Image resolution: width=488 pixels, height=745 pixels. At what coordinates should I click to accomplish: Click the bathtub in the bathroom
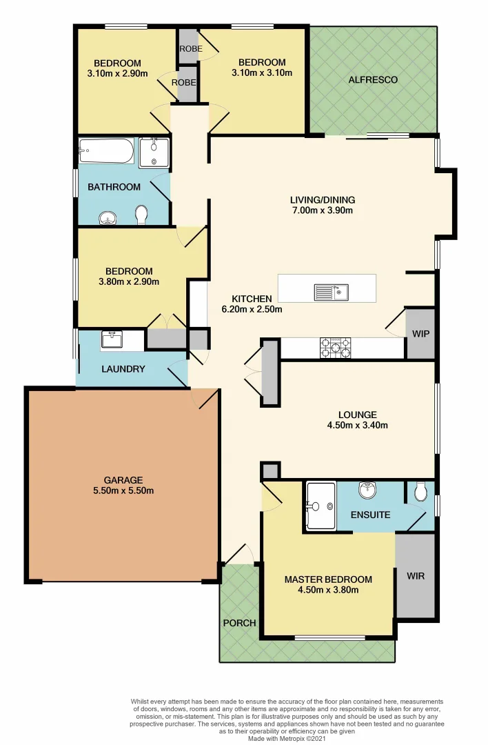[106, 151]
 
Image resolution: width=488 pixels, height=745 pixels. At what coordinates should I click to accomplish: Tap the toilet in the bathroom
[142, 215]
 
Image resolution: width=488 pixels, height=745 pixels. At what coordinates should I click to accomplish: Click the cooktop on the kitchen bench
[335, 348]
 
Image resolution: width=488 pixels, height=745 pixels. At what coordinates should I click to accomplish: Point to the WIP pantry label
[420, 333]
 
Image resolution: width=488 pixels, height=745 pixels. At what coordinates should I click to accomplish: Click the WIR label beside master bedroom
[415, 574]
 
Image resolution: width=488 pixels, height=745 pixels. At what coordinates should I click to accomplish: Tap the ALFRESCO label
[373, 80]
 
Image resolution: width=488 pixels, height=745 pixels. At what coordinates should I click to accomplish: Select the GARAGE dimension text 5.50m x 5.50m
[123, 491]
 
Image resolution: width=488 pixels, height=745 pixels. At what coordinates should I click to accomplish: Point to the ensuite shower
[321, 506]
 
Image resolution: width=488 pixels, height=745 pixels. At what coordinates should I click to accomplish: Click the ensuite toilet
[420, 490]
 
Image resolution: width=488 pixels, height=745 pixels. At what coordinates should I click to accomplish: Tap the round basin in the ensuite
[367, 490]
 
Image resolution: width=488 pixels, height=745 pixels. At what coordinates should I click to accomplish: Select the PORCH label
[239, 623]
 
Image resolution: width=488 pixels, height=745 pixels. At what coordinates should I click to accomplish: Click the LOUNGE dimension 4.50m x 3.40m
[357, 426]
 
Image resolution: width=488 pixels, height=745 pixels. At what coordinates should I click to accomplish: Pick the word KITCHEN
[252, 299]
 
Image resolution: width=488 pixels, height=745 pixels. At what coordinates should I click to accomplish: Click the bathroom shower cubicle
[154, 152]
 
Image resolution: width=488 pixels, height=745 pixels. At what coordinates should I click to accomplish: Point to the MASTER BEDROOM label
[328, 579]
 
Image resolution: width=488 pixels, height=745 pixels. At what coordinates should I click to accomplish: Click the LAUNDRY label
[123, 369]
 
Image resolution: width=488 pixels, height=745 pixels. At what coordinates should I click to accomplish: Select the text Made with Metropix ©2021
[288, 738]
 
